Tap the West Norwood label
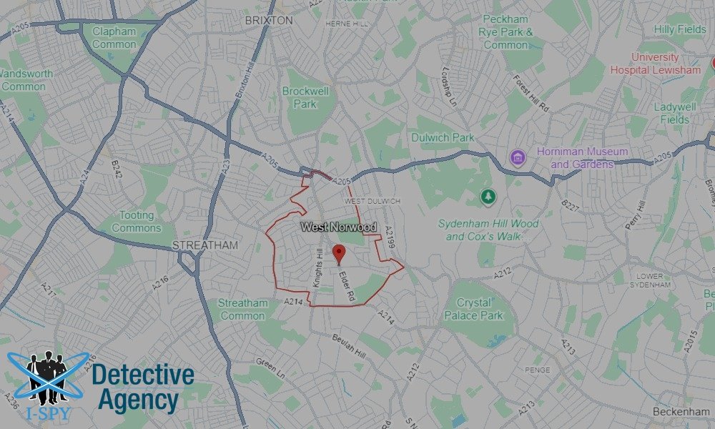coord(338,227)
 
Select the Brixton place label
coord(269,21)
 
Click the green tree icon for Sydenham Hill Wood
coord(488,195)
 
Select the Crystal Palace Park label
coord(473,309)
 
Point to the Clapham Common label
coord(114,37)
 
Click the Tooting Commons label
coord(137,221)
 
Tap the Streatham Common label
coord(243,309)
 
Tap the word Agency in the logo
coord(138,400)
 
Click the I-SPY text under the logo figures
coord(47,411)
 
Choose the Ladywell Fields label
coord(675,113)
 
